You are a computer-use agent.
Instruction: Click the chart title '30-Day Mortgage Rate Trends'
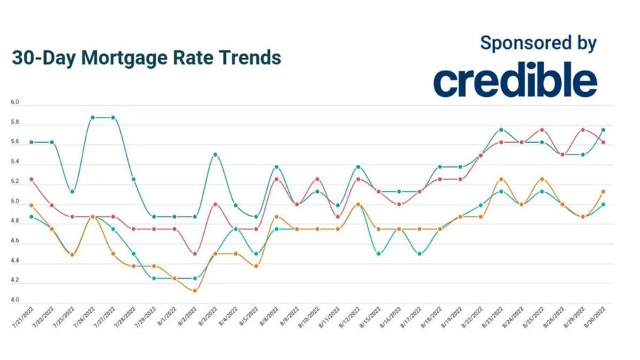click(146, 58)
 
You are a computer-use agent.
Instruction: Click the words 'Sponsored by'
click(538, 43)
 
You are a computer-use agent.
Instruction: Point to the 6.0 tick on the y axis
click(15, 102)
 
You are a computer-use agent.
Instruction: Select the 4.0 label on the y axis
click(15, 301)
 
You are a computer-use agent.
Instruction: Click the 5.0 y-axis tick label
click(15, 202)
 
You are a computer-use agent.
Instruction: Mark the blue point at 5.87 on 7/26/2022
click(93, 117)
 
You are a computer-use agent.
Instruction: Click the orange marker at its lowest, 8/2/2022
click(195, 291)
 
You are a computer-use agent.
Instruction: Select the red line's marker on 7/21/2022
click(32, 179)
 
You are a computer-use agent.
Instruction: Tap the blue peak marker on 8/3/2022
click(216, 155)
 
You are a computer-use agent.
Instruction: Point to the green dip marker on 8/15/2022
click(378, 254)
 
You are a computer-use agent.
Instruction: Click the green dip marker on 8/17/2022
click(419, 254)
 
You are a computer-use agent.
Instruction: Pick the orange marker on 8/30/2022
click(603, 192)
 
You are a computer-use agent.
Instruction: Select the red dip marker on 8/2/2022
click(195, 254)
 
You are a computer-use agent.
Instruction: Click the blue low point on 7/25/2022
click(72, 192)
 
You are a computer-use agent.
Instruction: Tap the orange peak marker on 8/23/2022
click(501, 179)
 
